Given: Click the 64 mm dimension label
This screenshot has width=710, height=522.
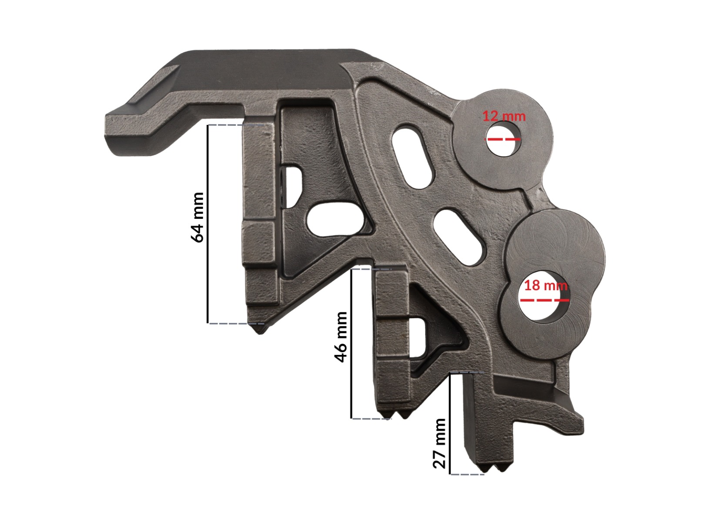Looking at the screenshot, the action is click(x=197, y=217).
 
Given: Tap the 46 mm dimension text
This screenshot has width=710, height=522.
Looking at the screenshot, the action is click(x=341, y=337).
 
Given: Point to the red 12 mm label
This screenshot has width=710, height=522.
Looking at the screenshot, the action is click(x=504, y=116).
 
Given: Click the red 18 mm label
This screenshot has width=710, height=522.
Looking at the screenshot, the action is click(x=546, y=285).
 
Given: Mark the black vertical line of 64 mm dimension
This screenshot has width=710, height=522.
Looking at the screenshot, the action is click(x=208, y=224).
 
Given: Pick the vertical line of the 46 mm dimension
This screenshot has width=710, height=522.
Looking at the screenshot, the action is click(x=352, y=344).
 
